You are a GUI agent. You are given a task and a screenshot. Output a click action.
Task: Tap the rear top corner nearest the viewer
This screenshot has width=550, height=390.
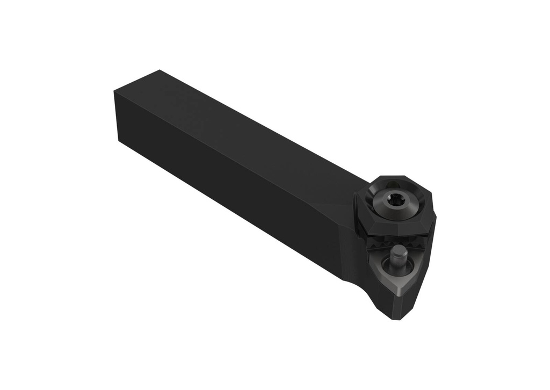point(114,92)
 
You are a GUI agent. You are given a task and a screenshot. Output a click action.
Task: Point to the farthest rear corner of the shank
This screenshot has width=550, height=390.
point(160,70)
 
